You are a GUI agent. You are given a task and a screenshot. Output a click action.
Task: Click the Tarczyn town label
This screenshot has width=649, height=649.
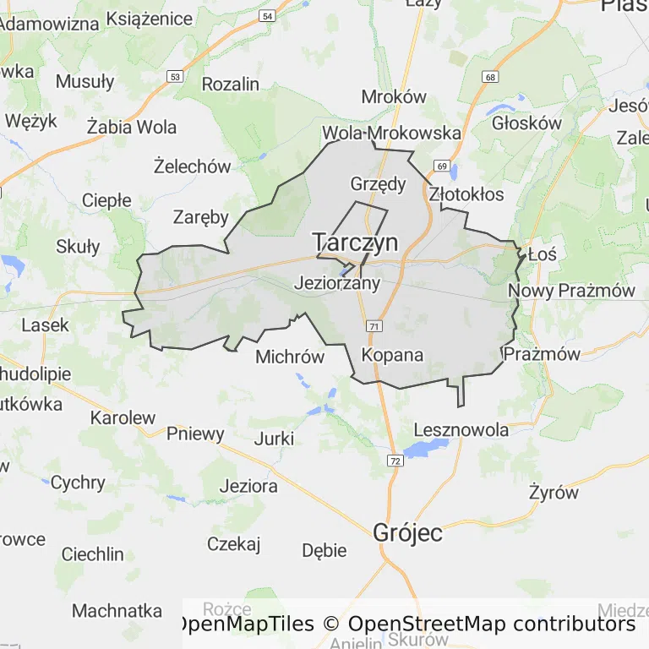pyautogui.click(x=355, y=243)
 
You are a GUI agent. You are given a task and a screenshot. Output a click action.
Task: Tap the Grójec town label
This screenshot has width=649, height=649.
pyautogui.click(x=408, y=533)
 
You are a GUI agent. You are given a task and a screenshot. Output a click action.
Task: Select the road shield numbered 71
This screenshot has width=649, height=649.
pyautogui.click(x=373, y=326)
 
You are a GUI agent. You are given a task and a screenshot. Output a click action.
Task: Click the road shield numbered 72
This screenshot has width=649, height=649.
pyautogui.click(x=395, y=461)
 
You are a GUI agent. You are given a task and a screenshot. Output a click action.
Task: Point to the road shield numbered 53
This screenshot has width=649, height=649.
pyautogui.click(x=175, y=76)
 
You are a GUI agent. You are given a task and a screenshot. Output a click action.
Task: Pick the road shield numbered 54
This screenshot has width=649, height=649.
pyautogui.click(x=267, y=16)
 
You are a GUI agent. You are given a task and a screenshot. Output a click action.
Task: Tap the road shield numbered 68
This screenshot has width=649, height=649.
pyautogui.click(x=489, y=78)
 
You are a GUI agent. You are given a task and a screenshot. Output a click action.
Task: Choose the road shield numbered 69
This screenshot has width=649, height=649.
pyautogui.click(x=442, y=166)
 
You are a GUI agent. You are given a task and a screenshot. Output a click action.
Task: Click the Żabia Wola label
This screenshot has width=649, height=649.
pyautogui.click(x=132, y=128)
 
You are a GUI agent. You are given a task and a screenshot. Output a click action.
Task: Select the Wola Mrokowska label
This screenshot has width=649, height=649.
pyautogui.click(x=391, y=134)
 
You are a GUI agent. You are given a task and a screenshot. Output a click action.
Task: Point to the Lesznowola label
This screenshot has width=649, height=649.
pyautogui.click(x=461, y=430)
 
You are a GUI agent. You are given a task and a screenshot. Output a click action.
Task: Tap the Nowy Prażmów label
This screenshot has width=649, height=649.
pyautogui.click(x=571, y=292)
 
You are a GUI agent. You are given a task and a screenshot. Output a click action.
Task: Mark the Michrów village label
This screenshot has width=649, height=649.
pyautogui.click(x=290, y=357)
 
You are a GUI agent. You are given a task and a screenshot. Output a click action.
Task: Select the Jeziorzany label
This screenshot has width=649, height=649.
pyautogui.click(x=336, y=284)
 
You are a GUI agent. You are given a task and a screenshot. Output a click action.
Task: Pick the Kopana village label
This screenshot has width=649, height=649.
pyautogui.click(x=392, y=355)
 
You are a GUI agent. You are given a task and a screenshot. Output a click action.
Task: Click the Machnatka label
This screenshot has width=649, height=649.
pyautogui.click(x=117, y=610)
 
